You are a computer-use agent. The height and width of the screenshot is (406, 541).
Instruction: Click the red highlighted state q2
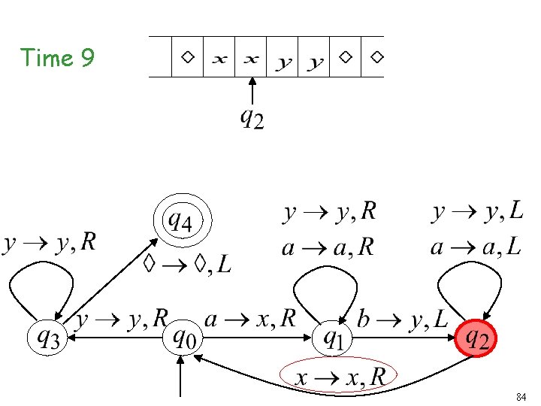pyautogui.click(x=477, y=340)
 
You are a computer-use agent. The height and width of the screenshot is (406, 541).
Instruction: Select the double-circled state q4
pyautogui.click(x=183, y=222)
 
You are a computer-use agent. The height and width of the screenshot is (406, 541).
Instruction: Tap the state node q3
pyautogui.click(x=47, y=340)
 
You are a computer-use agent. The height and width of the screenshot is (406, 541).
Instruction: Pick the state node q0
pyautogui.click(x=183, y=340)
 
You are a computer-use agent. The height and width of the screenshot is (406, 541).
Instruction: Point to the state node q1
pyautogui.click(x=333, y=340)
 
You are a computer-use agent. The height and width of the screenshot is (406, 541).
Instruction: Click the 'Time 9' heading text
pyautogui.click(x=57, y=57)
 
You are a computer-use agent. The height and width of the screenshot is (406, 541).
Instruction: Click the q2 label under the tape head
pyautogui.click(x=252, y=118)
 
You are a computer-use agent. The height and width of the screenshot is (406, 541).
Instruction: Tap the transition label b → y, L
pyautogui.click(x=406, y=320)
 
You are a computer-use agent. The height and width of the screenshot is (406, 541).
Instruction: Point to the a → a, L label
pyautogui.click(x=476, y=247)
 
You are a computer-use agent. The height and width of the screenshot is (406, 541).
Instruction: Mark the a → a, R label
pyautogui.click(x=328, y=247)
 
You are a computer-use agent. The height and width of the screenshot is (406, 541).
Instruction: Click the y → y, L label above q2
pyautogui.click(x=478, y=213)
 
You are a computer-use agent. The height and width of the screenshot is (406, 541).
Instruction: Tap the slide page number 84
pyautogui.click(x=521, y=396)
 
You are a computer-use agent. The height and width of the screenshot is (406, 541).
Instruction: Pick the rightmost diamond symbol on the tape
pyautogui.click(x=377, y=56)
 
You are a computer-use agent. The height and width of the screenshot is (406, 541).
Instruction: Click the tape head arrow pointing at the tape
pyautogui.click(x=252, y=90)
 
